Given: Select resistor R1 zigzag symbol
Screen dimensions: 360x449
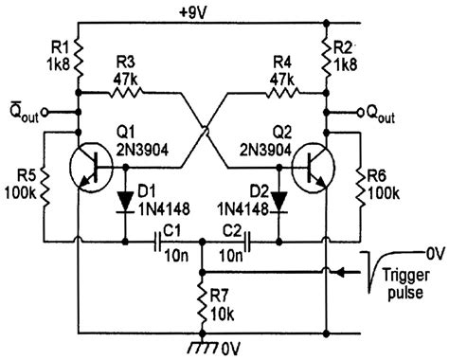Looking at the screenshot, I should click(79, 58).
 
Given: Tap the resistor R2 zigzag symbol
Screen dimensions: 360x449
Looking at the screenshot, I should click(329, 58).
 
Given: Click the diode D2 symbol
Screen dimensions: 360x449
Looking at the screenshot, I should click(278, 199).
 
